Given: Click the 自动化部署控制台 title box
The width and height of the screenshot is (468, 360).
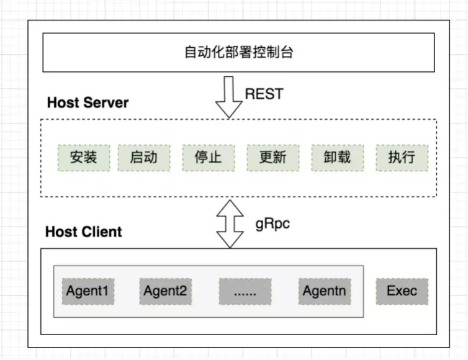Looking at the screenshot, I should pyautogui.click(x=239, y=53).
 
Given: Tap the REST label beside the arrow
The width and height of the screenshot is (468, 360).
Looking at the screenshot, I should pyautogui.click(x=264, y=94).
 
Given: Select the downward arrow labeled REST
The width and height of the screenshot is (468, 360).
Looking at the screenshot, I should pyautogui.click(x=229, y=96).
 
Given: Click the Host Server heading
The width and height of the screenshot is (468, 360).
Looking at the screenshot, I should pyautogui.click(x=88, y=102).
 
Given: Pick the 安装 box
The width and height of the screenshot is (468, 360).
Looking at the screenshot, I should pyautogui.click(x=83, y=158).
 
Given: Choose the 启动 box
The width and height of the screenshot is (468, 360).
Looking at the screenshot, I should pyautogui.click(x=143, y=158).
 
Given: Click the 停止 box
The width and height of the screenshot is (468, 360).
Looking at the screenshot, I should pyautogui.click(x=208, y=158).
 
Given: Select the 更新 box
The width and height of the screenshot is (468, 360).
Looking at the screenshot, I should pyautogui.click(x=272, y=158).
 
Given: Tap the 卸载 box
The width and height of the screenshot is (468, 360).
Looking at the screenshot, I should pyautogui.click(x=337, y=158).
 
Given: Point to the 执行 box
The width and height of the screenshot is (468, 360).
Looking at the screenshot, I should pyautogui.click(x=402, y=158).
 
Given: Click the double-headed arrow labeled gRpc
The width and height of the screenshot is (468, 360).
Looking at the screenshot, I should pyautogui.click(x=229, y=223).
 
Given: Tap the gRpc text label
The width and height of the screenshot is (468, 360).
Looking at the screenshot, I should pyautogui.click(x=272, y=223).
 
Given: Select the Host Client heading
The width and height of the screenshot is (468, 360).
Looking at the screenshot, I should pyautogui.click(x=84, y=232).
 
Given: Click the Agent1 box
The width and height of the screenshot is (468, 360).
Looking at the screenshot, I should pyautogui.click(x=88, y=290).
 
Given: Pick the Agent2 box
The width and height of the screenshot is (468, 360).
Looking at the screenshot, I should pyautogui.click(x=165, y=290).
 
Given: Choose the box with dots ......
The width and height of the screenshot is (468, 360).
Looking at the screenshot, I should pyautogui.click(x=245, y=290).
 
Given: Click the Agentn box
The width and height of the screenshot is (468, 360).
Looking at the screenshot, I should pyautogui.click(x=324, y=290).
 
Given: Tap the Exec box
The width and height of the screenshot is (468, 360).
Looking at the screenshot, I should pyautogui.click(x=402, y=290).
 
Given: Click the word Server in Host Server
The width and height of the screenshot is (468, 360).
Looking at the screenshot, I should pyautogui.click(x=106, y=102).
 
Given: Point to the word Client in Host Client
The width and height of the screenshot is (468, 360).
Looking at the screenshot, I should pyautogui.click(x=102, y=232).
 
